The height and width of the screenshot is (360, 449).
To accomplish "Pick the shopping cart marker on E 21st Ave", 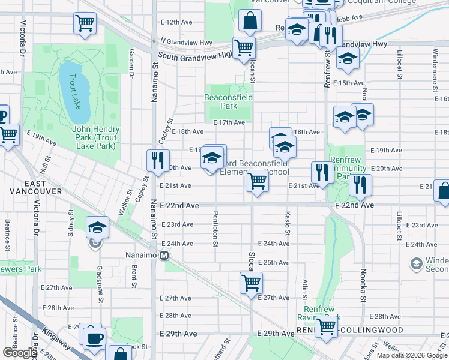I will (257, 181).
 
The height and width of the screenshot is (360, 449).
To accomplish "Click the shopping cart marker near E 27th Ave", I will (251, 282).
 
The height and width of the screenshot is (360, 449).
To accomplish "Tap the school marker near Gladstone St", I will (97, 228).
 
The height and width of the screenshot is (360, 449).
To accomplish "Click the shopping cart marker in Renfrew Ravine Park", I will (327, 327).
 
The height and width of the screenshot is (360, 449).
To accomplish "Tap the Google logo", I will (20, 353).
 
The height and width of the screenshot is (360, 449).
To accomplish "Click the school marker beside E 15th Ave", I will (347, 59).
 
